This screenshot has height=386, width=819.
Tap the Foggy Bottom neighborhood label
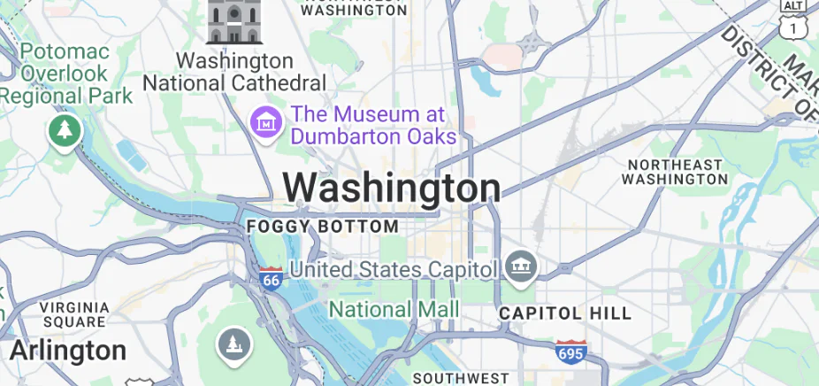click(x=322, y=228)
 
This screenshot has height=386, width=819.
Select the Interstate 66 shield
click(x=272, y=278)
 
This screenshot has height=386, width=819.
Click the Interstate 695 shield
click(x=570, y=351)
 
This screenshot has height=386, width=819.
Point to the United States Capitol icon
click(x=517, y=266)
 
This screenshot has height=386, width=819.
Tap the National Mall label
click(x=394, y=309)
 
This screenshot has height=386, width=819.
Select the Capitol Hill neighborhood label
click(x=565, y=313)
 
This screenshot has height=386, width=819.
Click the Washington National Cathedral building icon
click(x=234, y=21)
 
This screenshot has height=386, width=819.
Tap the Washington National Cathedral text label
click(x=234, y=72)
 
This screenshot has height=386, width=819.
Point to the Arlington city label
click(x=68, y=351)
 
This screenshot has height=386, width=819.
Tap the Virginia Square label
click(x=74, y=314)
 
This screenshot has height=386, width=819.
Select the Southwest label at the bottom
click(x=460, y=378)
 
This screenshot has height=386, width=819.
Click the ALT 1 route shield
click(x=792, y=19)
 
